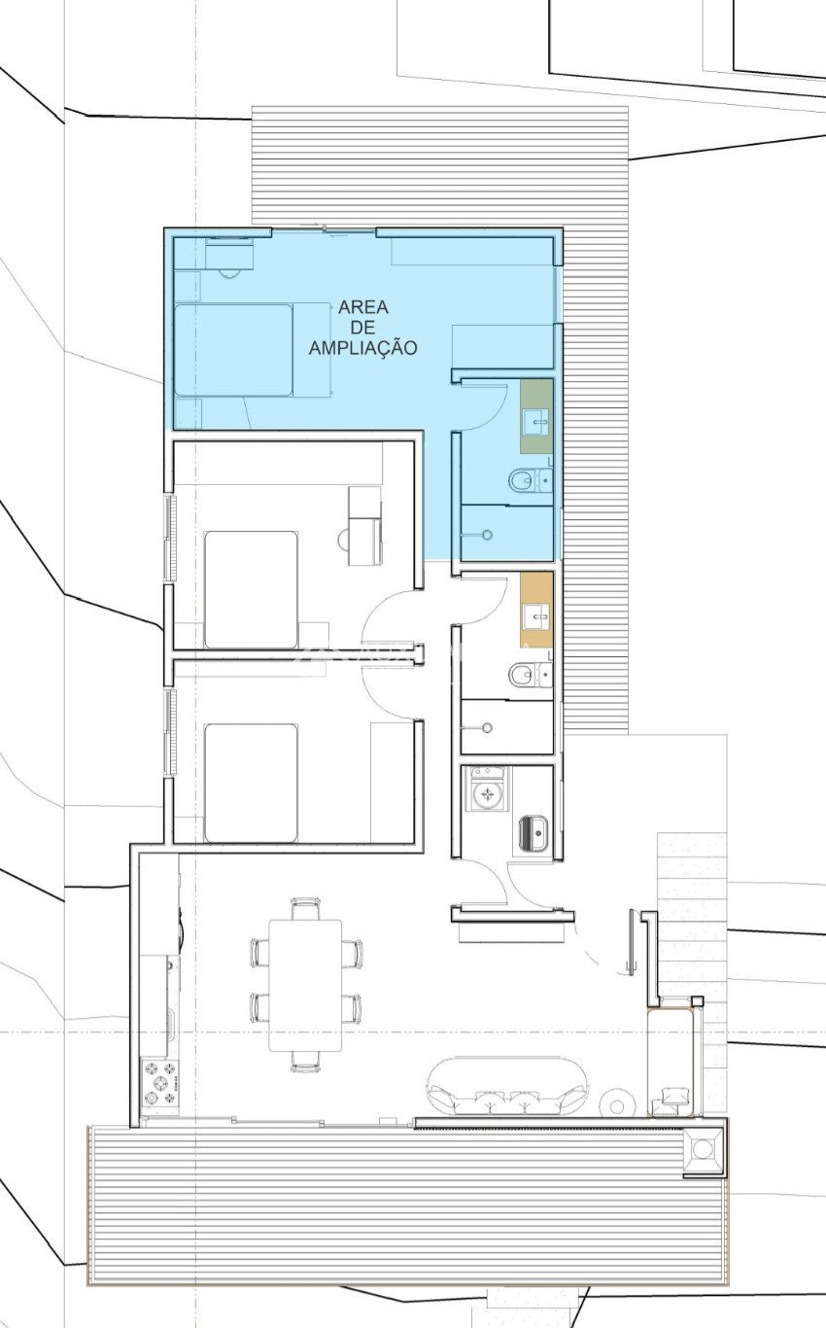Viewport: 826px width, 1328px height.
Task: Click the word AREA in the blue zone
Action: (363, 307)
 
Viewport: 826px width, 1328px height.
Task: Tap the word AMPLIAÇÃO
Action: (362, 347)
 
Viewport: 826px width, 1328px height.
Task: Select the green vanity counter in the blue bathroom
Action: (536, 416)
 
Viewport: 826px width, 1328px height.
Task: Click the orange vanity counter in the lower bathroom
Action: (536, 610)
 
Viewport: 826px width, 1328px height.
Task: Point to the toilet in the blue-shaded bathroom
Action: (531, 480)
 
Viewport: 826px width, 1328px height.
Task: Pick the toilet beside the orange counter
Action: (531, 674)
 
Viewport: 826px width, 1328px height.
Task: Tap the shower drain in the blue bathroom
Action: (487, 536)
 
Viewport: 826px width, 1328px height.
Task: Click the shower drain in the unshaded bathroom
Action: (487, 728)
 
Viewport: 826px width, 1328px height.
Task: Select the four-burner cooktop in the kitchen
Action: (160, 1083)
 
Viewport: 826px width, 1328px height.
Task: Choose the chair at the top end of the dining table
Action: (306, 909)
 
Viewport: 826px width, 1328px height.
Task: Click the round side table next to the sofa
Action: (617, 1104)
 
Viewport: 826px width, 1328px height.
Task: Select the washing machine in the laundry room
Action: (487, 789)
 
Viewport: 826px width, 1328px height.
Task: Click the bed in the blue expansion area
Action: (234, 350)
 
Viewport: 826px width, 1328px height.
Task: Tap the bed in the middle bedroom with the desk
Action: (251, 590)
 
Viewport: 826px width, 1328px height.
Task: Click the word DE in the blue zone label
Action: (363, 328)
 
